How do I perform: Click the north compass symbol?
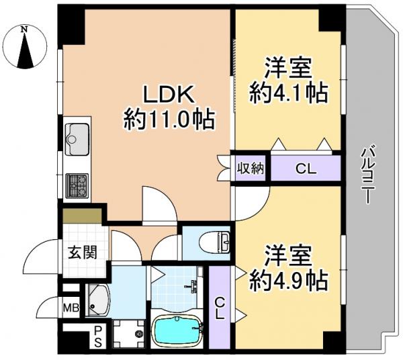pos(25,46)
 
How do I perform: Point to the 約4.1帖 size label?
pos(288,91)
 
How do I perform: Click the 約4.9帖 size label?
pos(288,277)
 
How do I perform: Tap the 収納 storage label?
pos(250,168)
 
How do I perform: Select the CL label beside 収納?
pos(304,169)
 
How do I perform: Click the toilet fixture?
pos(217,240)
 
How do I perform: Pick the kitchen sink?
pos(77,138)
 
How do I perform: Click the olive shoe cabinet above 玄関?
pos(83,215)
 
